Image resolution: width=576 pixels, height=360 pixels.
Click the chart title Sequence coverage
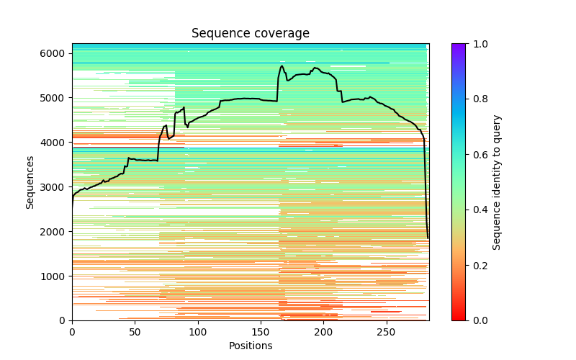click(250, 34)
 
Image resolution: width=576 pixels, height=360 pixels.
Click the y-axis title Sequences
click(30, 182)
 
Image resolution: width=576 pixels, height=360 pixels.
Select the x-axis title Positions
click(250, 346)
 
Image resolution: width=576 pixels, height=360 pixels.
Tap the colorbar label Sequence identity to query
click(498, 182)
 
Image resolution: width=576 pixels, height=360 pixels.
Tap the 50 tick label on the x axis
click(135, 332)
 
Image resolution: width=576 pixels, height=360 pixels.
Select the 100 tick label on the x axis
click(198, 332)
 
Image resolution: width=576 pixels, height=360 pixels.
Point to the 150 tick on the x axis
click(261, 332)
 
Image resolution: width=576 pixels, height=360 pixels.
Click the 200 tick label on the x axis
click(324, 332)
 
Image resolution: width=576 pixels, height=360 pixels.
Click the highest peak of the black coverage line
click(282, 66)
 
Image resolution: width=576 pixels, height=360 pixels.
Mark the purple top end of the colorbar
click(458, 45)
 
